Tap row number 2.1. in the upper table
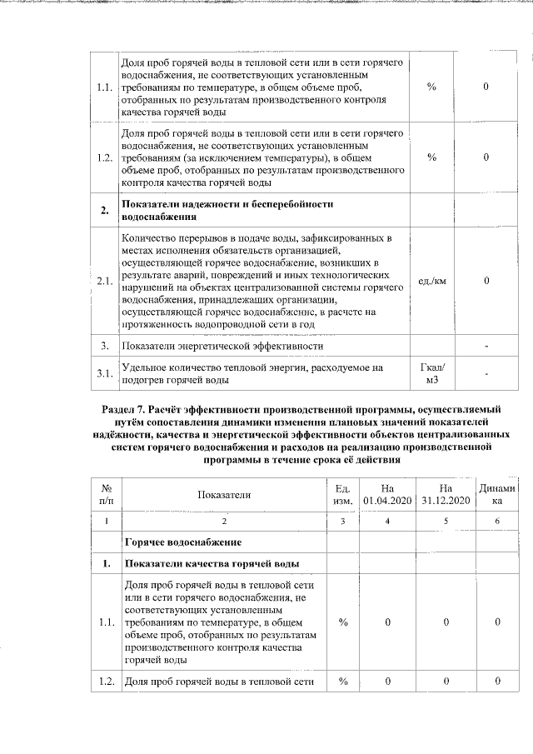(x=104, y=281)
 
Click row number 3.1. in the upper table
(x=104, y=373)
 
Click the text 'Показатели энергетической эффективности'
(x=222, y=345)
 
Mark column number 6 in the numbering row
(x=497, y=521)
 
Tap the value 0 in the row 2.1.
(x=486, y=281)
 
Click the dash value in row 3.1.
(x=486, y=373)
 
